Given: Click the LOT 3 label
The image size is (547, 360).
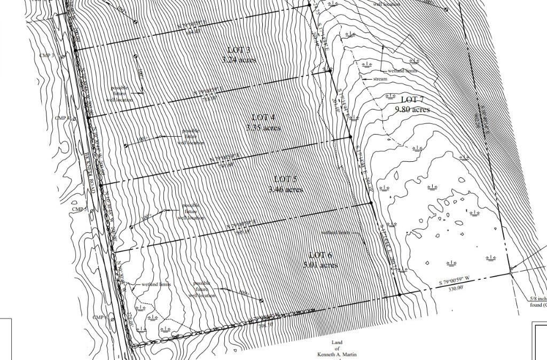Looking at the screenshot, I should [238, 50].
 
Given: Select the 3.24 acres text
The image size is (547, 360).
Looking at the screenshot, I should [239, 59].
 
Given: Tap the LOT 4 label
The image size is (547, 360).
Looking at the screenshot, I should [263, 118].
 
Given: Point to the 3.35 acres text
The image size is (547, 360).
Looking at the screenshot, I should [263, 128].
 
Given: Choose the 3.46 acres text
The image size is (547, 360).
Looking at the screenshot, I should [286, 190].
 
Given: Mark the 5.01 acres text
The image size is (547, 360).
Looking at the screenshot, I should [320, 264].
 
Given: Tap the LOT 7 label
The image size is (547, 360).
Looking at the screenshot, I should [412, 99].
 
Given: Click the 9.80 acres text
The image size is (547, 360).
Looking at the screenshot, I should [412, 109].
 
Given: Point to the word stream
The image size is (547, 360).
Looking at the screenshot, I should [380, 79].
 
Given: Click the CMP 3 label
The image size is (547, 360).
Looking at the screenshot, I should [47, 55].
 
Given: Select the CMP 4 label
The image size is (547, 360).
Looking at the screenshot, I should [63, 118].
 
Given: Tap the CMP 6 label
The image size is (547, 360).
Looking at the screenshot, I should [100, 317].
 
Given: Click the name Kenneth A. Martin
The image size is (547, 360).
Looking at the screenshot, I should [336, 354].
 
